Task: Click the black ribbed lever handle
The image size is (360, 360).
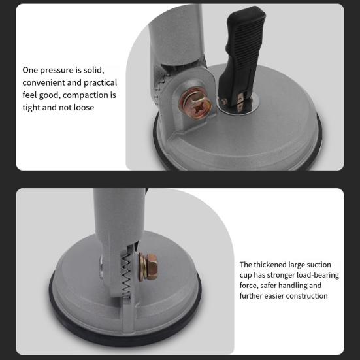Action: [x=241, y=57]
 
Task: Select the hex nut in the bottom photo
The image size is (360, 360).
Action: [x=152, y=267]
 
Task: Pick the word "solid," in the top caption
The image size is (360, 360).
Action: [x=93, y=70]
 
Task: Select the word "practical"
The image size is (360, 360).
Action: [x=101, y=83]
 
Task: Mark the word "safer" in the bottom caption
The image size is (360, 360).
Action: [x=267, y=286]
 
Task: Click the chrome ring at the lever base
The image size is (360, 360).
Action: [x=238, y=105]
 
